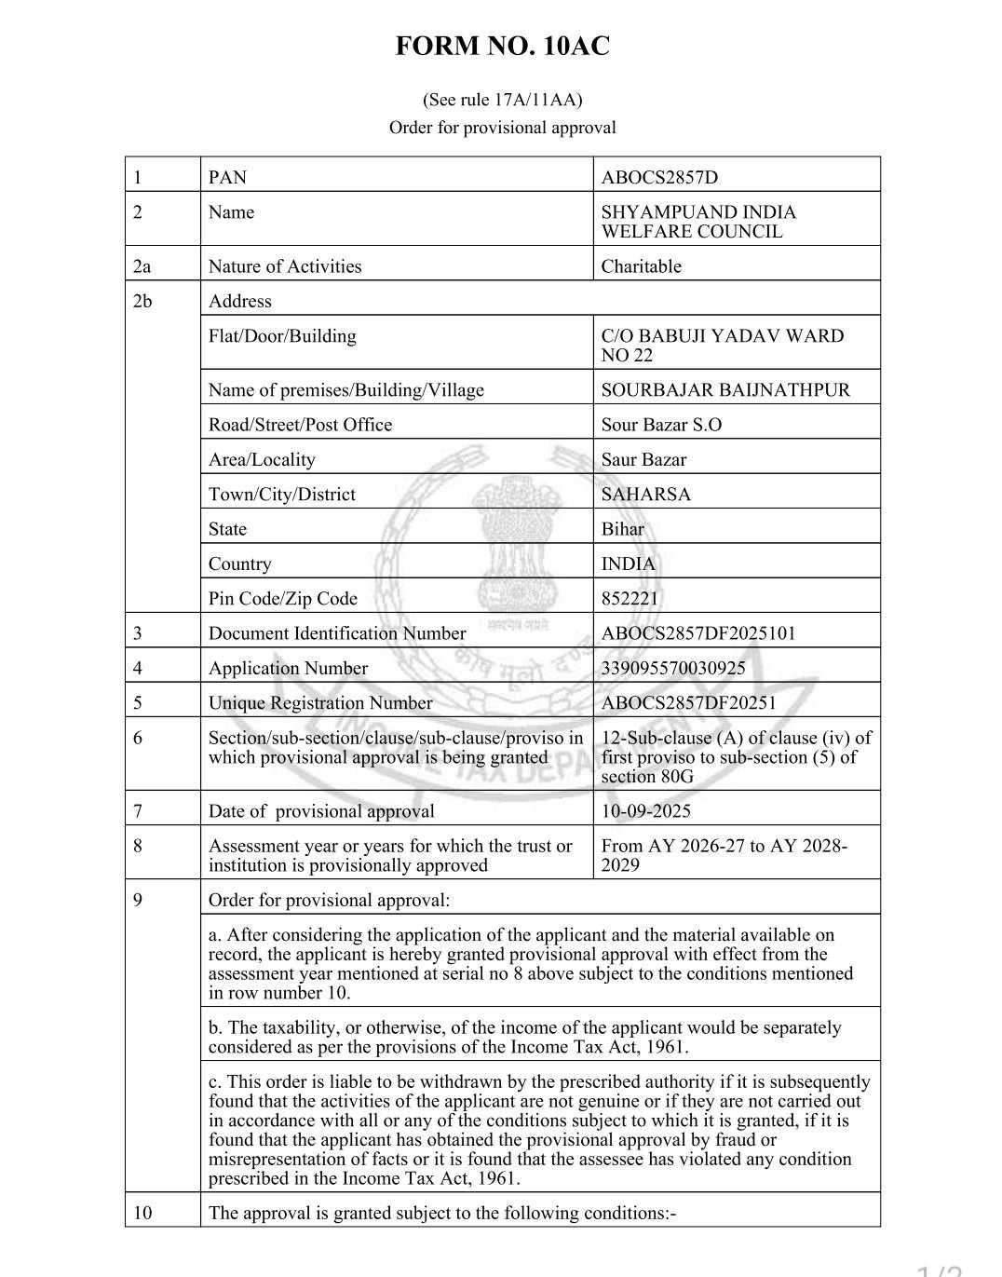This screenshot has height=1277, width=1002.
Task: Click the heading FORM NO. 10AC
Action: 502,46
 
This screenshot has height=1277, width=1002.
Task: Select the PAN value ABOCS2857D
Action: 659,177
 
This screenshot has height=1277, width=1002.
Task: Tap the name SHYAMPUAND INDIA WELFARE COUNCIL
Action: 698,222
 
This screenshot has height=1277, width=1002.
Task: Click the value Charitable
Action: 641,266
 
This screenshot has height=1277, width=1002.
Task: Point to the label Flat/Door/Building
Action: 282,336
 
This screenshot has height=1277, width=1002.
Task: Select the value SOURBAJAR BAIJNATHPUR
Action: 725,389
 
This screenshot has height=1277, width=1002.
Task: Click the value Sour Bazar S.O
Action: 661,425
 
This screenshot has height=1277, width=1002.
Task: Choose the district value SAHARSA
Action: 645,494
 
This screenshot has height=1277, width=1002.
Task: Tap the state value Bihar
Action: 622,529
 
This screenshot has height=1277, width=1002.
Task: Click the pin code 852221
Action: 630,598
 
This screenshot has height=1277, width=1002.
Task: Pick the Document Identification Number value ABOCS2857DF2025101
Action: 698,633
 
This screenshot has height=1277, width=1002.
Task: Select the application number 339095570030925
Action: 673,668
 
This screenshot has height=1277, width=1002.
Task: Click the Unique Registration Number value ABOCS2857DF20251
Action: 688,703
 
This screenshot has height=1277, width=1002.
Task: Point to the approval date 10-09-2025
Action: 645,811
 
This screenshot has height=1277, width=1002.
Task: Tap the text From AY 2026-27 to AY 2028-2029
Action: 724,855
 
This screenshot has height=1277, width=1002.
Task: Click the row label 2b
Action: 142,301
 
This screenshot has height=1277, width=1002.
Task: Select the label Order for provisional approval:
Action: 329,900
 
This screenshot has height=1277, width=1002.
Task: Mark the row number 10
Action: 142,1213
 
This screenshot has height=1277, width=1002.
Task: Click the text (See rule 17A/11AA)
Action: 502,100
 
